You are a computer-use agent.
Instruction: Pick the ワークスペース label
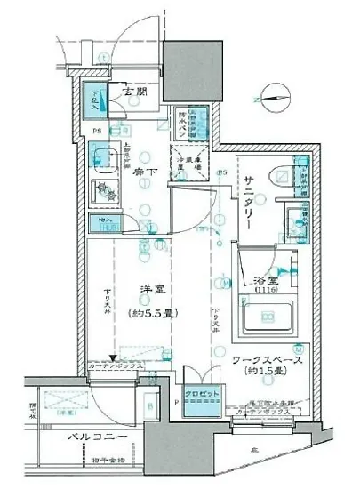(270, 360)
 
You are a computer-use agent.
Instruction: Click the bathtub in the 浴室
(268, 317)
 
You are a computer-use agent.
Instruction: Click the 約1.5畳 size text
(268, 374)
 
